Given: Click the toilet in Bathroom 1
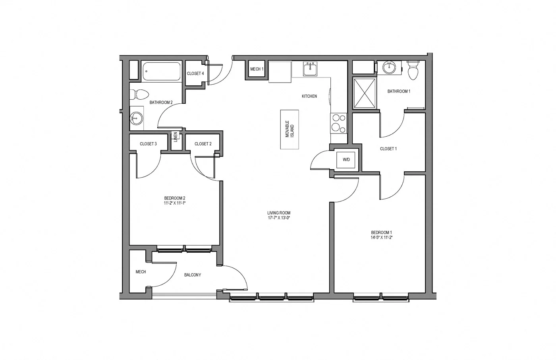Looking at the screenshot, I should coord(413,70).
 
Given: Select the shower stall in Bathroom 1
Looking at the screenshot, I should coord(365,93).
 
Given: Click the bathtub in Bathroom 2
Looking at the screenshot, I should coord(162,72).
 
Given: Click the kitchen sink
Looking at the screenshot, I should coord(310,70).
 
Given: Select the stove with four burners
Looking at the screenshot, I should coord(338,123).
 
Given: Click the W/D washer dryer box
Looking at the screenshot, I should coord(346,160).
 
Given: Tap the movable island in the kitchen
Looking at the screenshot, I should coord(289,129).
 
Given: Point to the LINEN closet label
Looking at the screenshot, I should coord(175,137).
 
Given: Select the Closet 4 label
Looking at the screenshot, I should coord(195,74).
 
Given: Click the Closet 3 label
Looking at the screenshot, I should coord(148,144).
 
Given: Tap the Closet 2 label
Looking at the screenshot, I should coord(203,144).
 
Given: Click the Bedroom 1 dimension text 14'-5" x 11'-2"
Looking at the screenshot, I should coord(382,237).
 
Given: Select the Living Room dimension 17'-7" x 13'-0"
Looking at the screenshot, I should coord(279,218).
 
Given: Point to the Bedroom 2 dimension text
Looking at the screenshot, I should coord(175,203).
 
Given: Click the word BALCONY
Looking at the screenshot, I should coord(193,275).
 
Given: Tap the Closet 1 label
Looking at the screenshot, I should coord(388,149).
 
